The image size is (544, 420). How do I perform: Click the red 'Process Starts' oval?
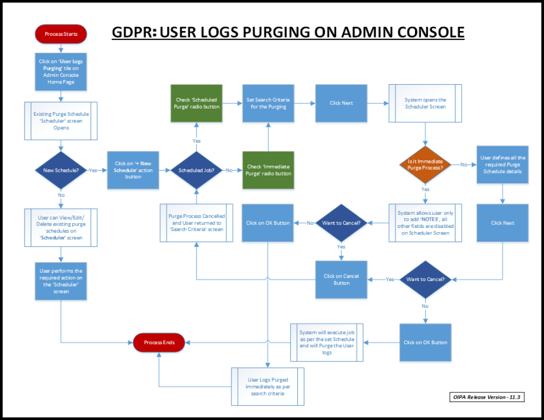[x=61, y=34]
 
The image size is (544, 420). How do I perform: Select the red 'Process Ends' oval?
[x=159, y=342]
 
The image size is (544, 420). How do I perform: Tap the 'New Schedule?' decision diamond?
[x=61, y=170]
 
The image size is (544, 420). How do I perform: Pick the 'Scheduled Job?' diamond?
[x=196, y=170]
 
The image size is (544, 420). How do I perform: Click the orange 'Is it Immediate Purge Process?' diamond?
[x=425, y=165]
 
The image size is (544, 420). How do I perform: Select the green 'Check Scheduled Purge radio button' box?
[x=196, y=103]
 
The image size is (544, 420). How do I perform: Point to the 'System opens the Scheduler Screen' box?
[x=425, y=103]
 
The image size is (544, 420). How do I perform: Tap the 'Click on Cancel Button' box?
[x=341, y=279]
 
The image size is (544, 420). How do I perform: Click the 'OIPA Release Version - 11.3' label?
[x=487, y=397]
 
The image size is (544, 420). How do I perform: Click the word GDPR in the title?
[x=131, y=32]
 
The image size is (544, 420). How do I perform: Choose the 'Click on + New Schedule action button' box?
[x=130, y=170]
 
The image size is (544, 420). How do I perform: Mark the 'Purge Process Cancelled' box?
[x=196, y=223]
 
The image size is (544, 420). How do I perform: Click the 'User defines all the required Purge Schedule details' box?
[x=502, y=165]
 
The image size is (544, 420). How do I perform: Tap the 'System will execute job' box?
[x=327, y=342]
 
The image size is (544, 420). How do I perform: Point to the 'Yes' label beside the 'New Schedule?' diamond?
[x=93, y=170]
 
